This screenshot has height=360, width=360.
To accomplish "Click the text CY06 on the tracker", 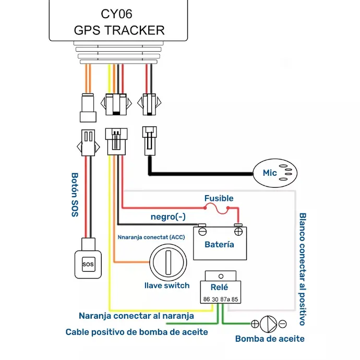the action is coord(117,14).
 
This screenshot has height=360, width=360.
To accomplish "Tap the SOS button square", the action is coord(88,264).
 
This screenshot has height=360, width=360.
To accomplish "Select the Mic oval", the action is coord(275,173).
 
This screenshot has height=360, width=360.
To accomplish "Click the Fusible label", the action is coord(219,198).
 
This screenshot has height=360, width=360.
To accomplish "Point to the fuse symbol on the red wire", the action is coord(217,209).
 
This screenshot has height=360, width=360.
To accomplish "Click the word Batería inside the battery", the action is coord(219,245).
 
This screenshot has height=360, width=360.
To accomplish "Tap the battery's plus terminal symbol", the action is coord(238,232).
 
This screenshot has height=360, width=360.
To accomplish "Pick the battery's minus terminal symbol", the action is coord(202,232).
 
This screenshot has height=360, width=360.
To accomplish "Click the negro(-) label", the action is coord(168,217).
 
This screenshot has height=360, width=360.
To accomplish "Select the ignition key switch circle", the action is coord(168,262).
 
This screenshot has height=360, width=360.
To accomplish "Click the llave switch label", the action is coord(167,285).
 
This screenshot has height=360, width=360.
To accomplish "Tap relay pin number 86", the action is coord(207,299).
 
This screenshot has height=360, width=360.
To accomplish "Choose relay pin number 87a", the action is coord(225,299).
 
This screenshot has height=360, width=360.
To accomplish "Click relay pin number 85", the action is coord(235,299).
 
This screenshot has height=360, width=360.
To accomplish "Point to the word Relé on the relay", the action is coord(219,287).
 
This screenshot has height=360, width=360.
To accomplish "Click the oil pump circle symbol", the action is coord(268,324).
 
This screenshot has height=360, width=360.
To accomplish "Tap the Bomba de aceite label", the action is coord(270,339).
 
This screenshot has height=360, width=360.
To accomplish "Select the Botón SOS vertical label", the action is coord(75,195).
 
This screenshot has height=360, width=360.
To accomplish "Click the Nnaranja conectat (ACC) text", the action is coord(151,237).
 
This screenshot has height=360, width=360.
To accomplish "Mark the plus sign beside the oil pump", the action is coord(255,324).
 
